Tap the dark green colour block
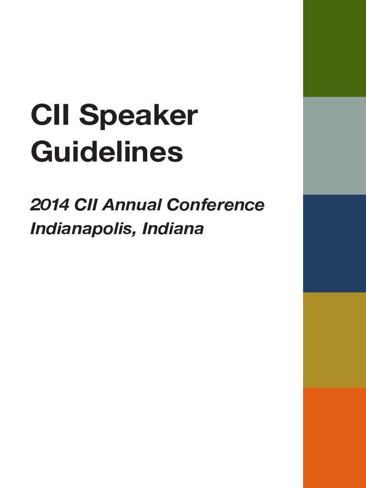[x=335, y=48]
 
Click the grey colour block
[x=335, y=145]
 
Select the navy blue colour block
[x=335, y=243]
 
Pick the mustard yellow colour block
[x=335, y=339]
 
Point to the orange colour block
[x=335, y=437]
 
